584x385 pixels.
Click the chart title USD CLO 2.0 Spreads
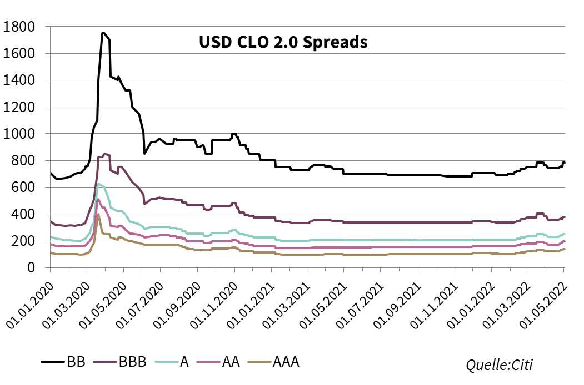click(283, 42)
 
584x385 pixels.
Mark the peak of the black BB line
click(103, 33)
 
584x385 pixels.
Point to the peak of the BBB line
click(105, 154)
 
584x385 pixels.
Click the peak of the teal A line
click(98, 184)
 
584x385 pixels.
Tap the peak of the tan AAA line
click(98, 215)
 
